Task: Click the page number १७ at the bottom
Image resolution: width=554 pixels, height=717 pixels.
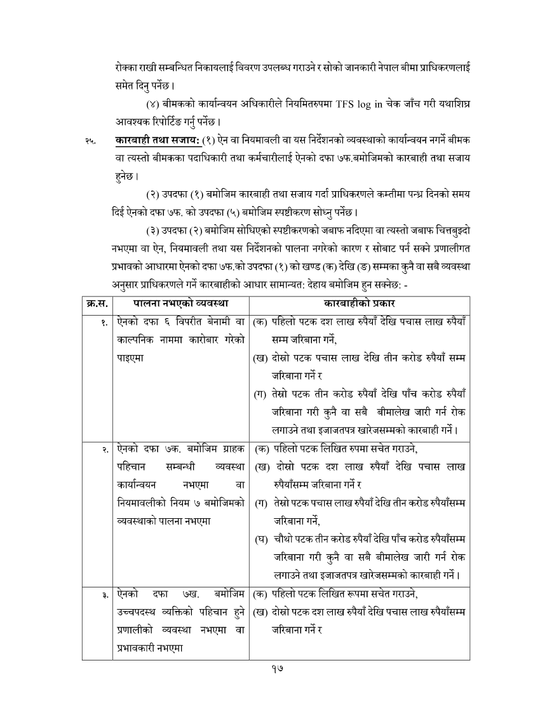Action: point(276,667)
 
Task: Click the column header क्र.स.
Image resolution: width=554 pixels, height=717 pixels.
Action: point(97,303)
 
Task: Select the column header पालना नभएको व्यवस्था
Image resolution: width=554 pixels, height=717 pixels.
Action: point(181,303)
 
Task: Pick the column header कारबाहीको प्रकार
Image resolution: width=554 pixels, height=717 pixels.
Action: point(359,303)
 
